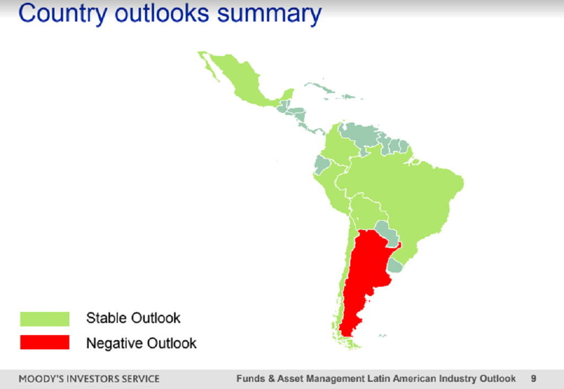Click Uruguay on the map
[x=395, y=266]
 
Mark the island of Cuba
[x=320, y=87]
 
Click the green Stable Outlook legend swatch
[x=45, y=319]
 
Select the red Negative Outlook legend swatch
[x=45, y=342]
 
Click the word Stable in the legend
[x=107, y=318]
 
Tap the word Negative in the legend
[x=115, y=343]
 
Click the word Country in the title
[x=63, y=14]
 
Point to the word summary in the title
[x=269, y=14]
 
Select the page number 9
[x=533, y=379]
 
